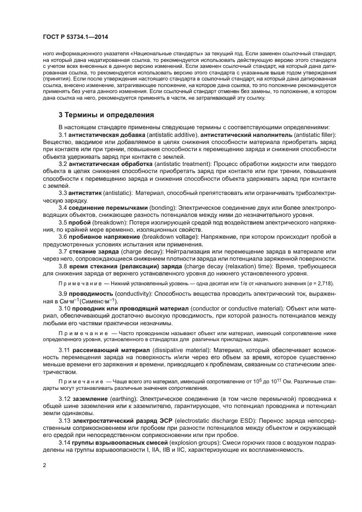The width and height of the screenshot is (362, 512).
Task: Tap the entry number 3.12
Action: (65, 399)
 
